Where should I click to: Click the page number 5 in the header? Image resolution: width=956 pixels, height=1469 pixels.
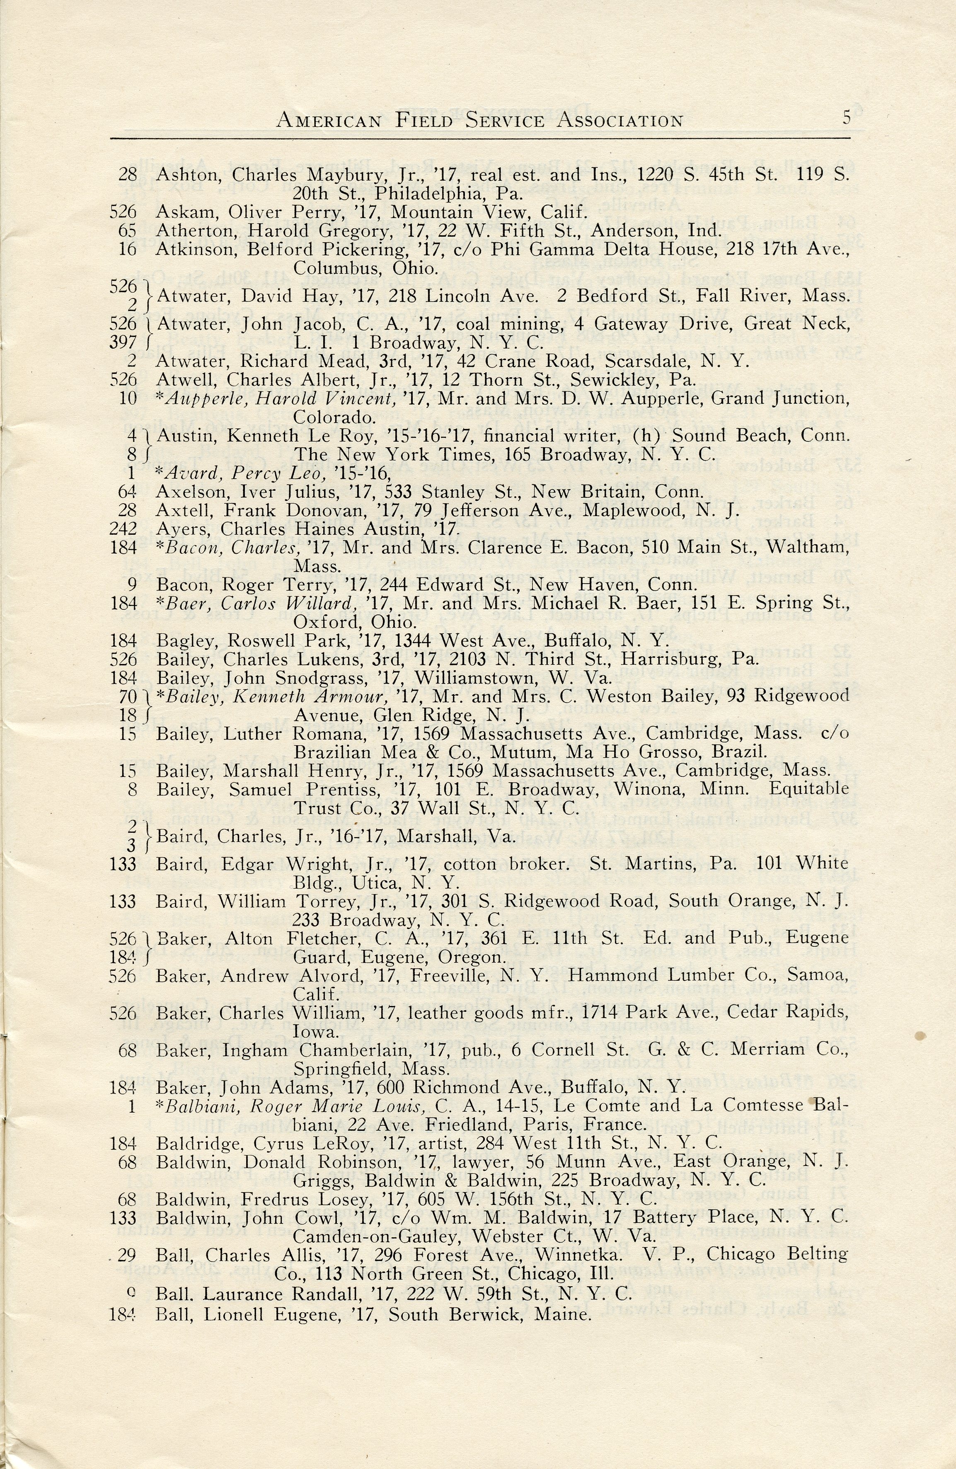846,117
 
